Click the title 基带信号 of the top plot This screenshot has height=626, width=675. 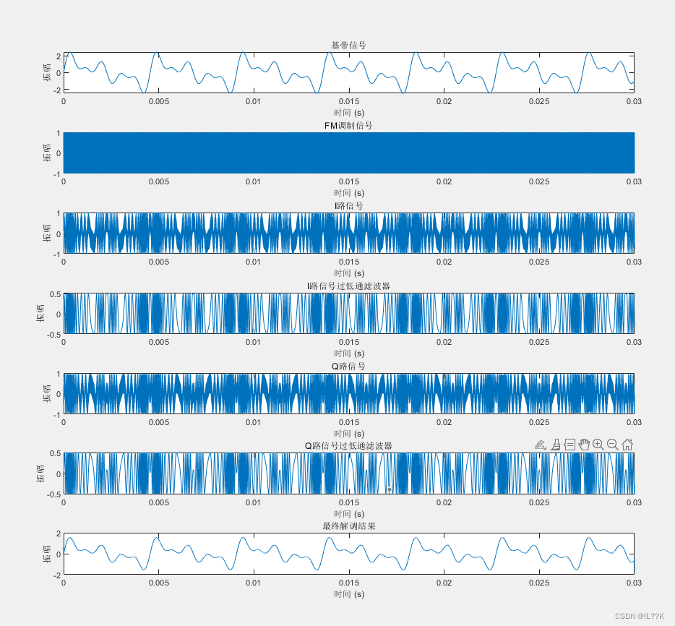[x=348, y=46]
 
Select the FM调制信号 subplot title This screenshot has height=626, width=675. [x=348, y=126]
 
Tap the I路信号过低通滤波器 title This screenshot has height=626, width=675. [x=348, y=286]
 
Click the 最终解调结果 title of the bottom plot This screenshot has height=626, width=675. [x=348, y=526]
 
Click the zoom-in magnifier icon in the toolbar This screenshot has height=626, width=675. [x=598, y=445]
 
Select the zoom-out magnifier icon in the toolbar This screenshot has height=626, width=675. [x=612, y=445]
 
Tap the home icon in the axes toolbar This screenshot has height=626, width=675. [x=627, y=445]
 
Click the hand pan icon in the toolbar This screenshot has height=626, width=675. [x=584, y=445]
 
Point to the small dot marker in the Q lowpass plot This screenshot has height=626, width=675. [x=390, y=489]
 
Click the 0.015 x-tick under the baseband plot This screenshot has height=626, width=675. [x=349, y=101]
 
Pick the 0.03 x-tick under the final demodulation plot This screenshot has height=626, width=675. [x=634, y=582]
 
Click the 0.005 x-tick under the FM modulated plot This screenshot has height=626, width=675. [x=159, y=181]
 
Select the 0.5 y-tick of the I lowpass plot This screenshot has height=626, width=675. [x=55, y=294]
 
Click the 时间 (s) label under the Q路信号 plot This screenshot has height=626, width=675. [x=348, y=433]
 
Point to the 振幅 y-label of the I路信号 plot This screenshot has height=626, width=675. [x=48, y=233]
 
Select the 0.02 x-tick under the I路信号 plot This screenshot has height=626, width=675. [x=444, y=262]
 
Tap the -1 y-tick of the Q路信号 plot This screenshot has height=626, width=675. [x=57, y=414]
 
